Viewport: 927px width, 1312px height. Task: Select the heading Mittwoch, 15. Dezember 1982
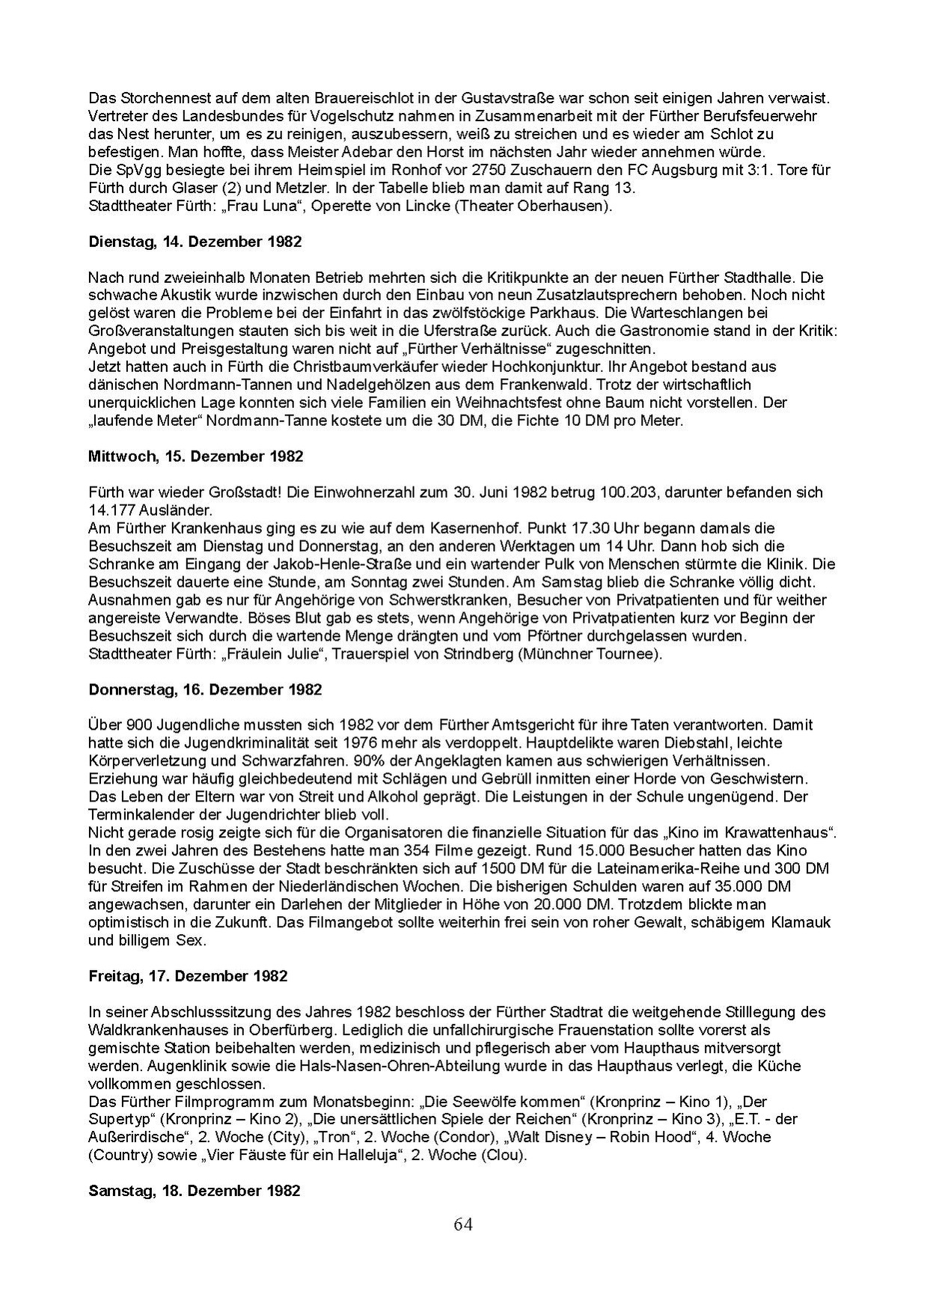pyautogui.click(x=195, y=456)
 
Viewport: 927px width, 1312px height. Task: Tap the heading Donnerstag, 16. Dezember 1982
pyautogui.click(x=205, y=689)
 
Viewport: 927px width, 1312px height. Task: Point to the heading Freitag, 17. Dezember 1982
pyautogui.click(x=188, y=976)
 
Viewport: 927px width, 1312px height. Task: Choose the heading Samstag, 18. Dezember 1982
pyautogui.click(x=194, y=1190)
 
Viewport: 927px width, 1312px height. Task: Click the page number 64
pyautogui.click(x=462, y=1224)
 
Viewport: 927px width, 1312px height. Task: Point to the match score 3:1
pyautogui.click(x=738, y=170)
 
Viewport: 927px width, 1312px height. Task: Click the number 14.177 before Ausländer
pyautogui.click(x=110, y=510)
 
